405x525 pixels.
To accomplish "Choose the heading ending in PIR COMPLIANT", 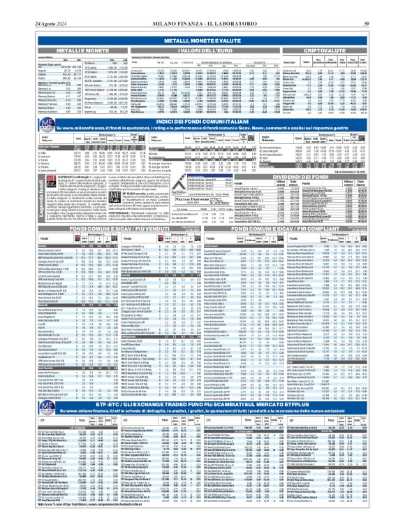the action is pyautogui.click(x=304, y=209).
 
